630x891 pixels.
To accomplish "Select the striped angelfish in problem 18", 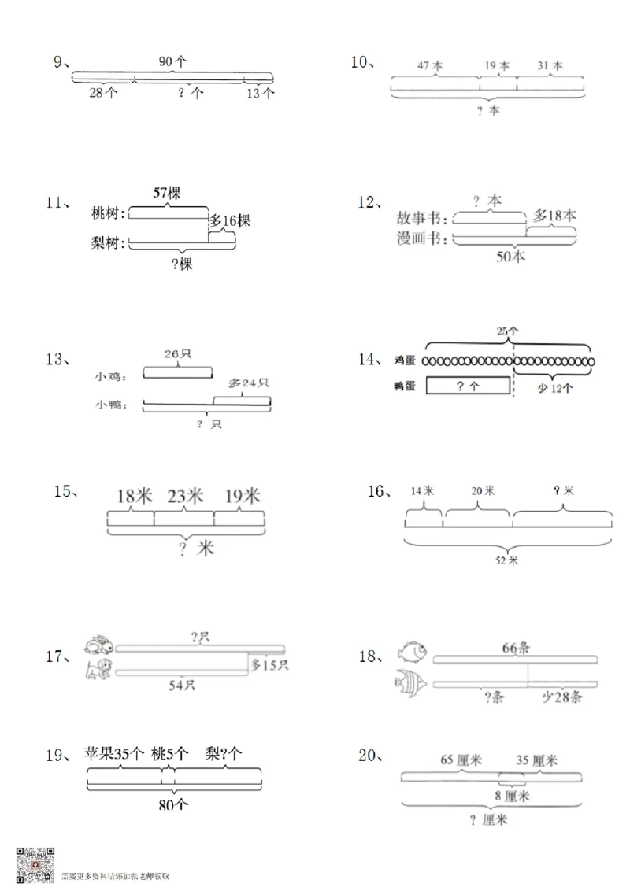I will click(x=411, y=682).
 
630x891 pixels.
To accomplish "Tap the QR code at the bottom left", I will click(x=35, y=864).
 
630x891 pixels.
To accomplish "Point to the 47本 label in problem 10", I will click(x=430, y=66).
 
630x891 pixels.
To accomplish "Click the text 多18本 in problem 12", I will click(x=554, y=215).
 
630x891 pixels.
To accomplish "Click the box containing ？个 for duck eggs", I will click(x=467, y=386).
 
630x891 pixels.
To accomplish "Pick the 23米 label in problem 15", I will click(x=185, y=496).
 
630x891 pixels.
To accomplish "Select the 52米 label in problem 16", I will click(x=507, y=560).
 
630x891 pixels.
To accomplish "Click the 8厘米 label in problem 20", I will click(x=513, y=797).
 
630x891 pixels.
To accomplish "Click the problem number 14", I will click(x=370, y=360).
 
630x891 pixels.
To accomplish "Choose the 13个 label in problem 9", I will click(x=260, y=93).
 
